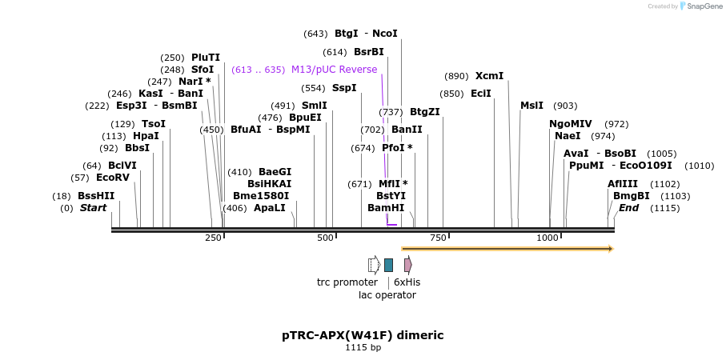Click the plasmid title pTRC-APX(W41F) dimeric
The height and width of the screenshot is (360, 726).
tap(363, 335)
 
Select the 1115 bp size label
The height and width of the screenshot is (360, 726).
tap(363, 348)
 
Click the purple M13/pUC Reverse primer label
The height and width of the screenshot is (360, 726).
tap(334, 70)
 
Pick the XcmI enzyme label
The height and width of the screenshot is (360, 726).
tap(489, 76)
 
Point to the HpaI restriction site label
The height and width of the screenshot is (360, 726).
tap(146, 136)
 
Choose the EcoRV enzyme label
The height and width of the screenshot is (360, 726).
tap(112, 178)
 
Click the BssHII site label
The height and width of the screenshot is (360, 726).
tap(96, 196)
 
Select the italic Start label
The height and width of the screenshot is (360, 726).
tap(93, 208)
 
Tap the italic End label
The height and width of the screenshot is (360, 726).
tap(629, 208)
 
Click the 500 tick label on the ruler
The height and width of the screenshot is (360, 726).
tap(325, 238)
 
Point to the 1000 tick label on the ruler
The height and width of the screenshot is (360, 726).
tap(548, 238)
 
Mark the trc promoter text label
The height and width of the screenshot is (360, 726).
tap(347, 282)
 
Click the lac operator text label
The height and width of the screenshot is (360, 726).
tap(387, 295)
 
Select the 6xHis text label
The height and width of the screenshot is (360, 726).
tap(407, 282)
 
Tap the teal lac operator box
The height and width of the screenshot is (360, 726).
tap(388, 265)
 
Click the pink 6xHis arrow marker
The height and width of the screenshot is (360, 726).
tap(408, 265)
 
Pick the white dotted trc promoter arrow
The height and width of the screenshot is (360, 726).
tap(374, 265)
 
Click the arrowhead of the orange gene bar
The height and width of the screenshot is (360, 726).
tap(611, 249)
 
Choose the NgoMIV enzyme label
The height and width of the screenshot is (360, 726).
tap(571, 124)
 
